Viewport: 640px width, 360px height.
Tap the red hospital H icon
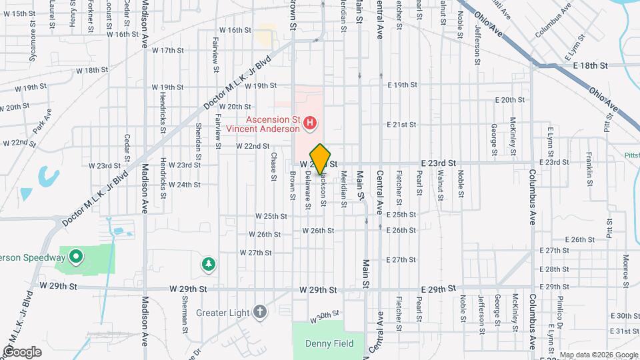coord(309,123)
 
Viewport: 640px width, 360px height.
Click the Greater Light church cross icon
coord(259,311)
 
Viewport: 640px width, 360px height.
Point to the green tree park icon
coord(209,265)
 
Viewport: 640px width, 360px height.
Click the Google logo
coord(22,352)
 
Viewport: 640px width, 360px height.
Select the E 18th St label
coord(591,65)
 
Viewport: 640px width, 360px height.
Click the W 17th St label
coord(167,50)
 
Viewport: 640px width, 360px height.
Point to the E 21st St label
coord(402,125)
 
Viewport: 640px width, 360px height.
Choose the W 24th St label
coord(185,185)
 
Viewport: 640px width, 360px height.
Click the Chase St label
coord(273,167)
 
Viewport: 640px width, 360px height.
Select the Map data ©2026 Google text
coord(599,354)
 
